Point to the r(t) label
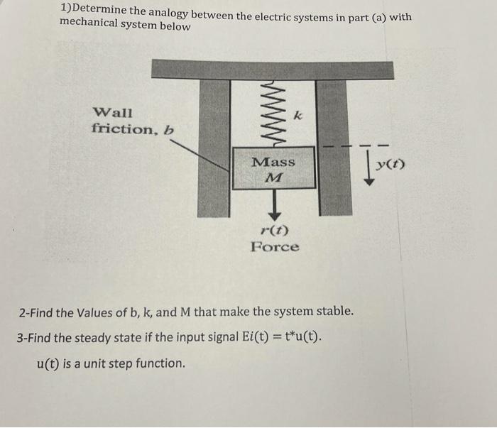pos(274,230)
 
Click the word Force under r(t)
pos(274,247)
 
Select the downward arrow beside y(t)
pos(369,170)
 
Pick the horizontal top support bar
pos(273,70)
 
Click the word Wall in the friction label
pos(112,112)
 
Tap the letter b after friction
pos(168,129)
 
